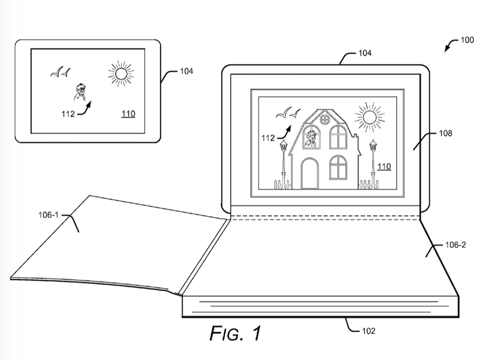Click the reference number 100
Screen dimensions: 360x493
(x=466, y=40)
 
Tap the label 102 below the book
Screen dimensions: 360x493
(x=368, y=331)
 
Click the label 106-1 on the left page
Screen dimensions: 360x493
(x=49, y=215)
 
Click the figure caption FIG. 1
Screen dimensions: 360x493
(x=235, y=333)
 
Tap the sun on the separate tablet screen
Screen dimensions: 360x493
(x=121, y=74)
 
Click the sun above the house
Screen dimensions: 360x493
(x=369, y=117)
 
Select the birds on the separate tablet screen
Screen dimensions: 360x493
(x=60, y=73)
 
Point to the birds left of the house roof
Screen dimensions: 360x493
(x=288, y=113)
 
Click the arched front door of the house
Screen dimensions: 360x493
(x=309, y=173)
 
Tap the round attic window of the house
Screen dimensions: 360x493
(x=324, y=120)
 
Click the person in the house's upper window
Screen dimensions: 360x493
(x=311, y=138)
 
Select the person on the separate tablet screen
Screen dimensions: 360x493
(x=79, y=92)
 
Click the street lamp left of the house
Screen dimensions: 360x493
(x=283, y=161)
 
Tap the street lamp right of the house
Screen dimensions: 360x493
(x=373, y=161)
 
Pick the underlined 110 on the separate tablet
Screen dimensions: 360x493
(x=128, y=114)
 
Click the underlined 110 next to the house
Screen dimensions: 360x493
(x=384, y=166)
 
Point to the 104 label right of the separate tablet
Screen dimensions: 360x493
(x=186, y=71)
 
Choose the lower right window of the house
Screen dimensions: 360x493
(x=338, y=167)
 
